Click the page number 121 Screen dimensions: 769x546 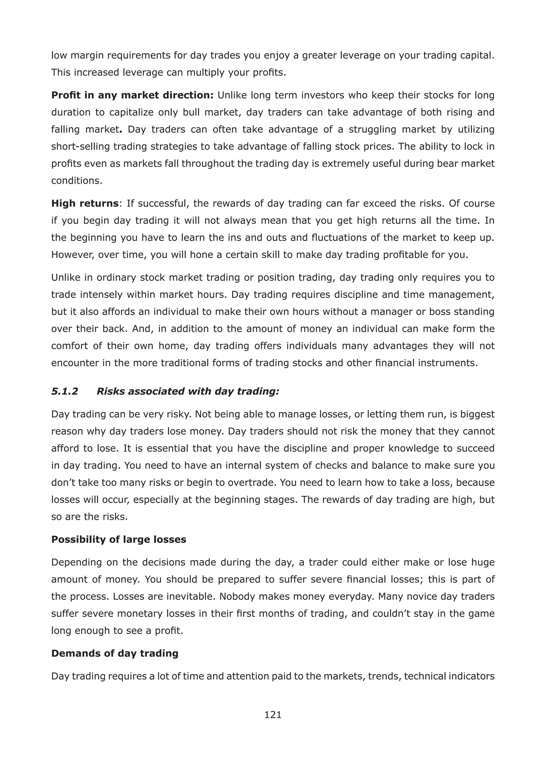pyautogui.click(x=273, y=715)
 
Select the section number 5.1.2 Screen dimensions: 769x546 pyautogui.click(x=65, y=391)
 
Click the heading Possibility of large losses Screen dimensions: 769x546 pyautogui.click(x=118, y=539)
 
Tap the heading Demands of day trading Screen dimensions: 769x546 pyautogui.click(x=115, y=653)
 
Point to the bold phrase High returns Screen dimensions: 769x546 pyautogui.click(x=85, y=203)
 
